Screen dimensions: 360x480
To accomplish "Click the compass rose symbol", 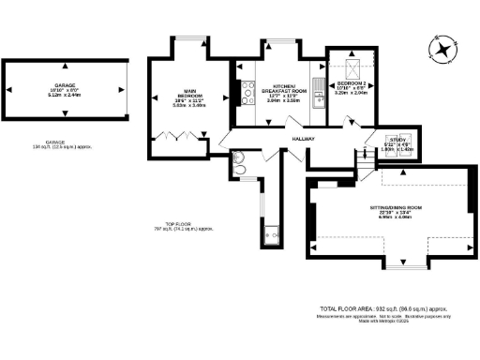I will pyautogui.click(x=441, y=48).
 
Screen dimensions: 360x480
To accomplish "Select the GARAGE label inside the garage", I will pyautogui.click(x=65, y=84).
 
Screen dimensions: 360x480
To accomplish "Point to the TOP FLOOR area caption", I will pyautogui.click(x=178, y=226).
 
